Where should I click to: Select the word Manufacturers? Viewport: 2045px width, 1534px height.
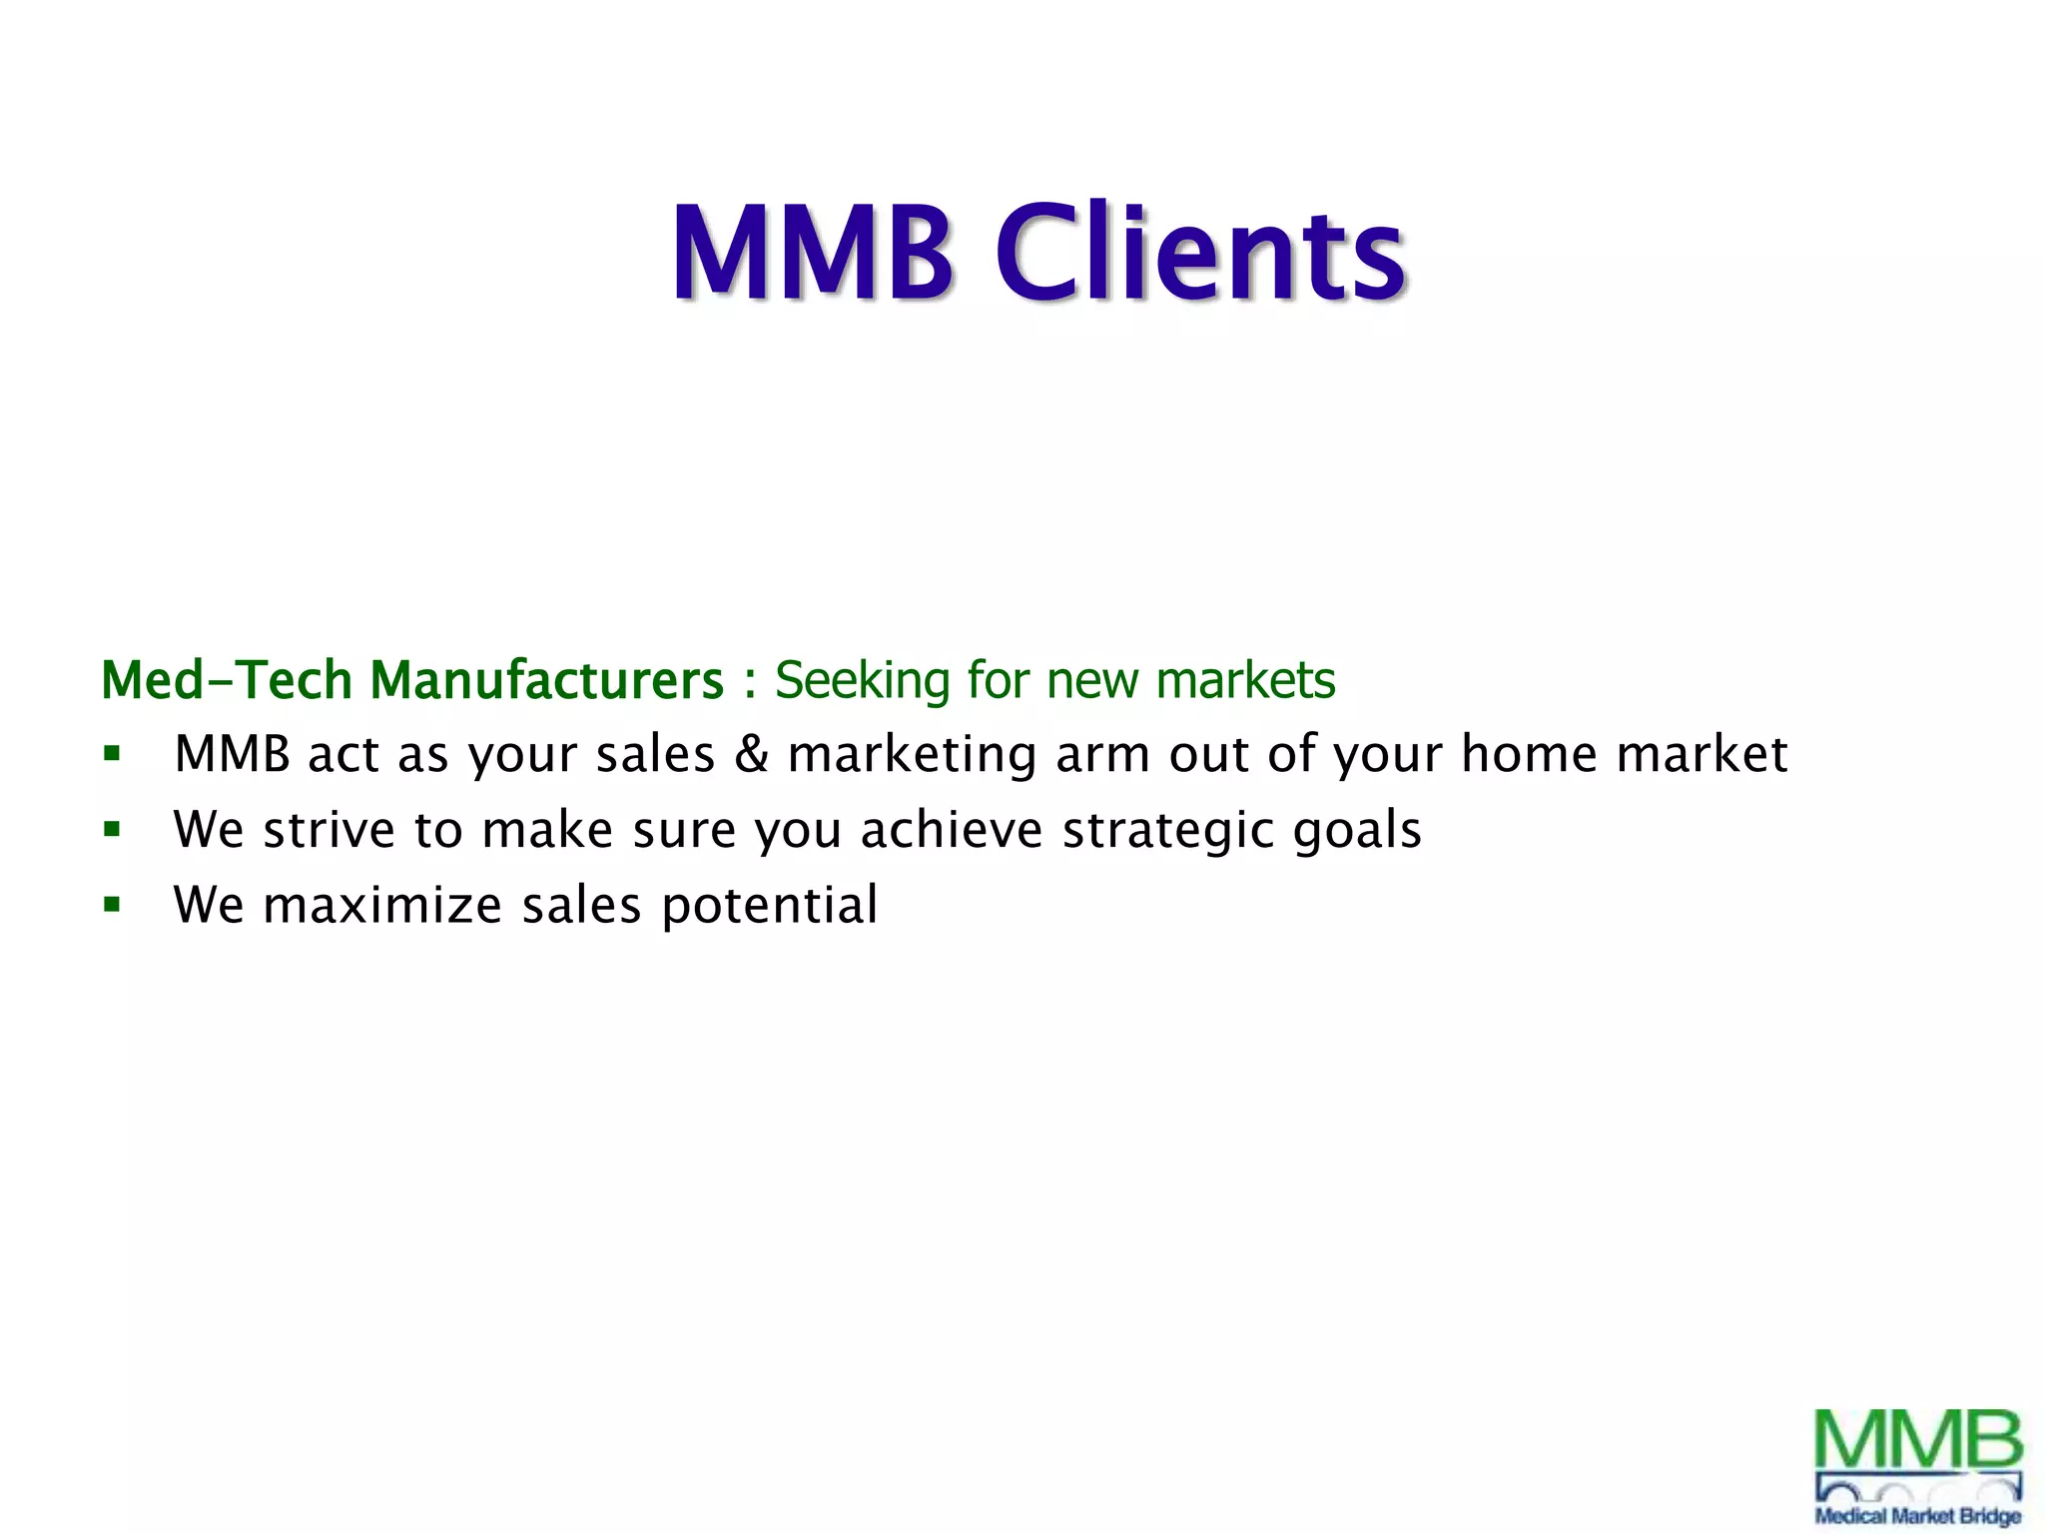[x=546, y=680]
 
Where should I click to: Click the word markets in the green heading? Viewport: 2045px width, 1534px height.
[x=1245, y=680]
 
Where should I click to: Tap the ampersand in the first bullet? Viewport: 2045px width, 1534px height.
[x=751, y=754]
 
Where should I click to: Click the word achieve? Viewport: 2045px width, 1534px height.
[x=952, y=830]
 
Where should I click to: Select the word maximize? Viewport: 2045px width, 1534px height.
[x=382, y=906]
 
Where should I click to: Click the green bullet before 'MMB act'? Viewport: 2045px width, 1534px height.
[x=112, y=754]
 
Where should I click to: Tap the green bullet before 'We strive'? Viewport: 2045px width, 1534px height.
[x=112, y=829]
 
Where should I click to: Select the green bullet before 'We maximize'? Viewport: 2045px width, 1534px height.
[x=112, y=905]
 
